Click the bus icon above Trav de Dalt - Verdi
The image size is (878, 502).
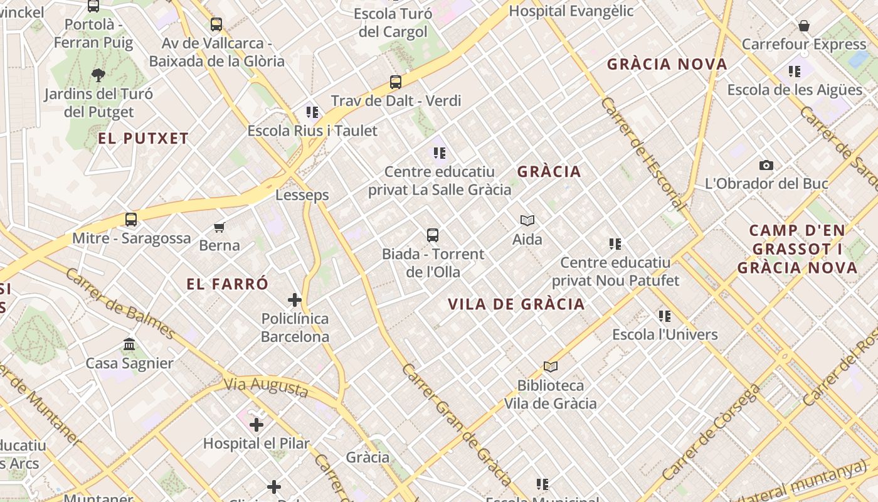(x=395, y=82)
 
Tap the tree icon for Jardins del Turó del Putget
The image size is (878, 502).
(x=98, y=75)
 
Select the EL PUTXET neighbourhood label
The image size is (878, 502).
(x=143, y=139)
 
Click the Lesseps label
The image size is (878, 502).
(x=302, y=195)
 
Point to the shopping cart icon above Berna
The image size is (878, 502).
(x=219, y=227)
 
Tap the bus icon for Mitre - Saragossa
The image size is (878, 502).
(x=130, y=220)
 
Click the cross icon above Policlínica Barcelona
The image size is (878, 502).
(x=295, y=299)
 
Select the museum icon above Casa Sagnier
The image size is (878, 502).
(x=129, y=344)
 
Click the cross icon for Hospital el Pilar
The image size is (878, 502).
(x=256, y=425)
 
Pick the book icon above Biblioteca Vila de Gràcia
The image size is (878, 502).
(x=550, y=366)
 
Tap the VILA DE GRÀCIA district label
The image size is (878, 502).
(x=516, y=304)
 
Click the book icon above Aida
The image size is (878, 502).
(x=527, y=220)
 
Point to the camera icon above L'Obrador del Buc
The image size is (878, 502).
(x=766, y=166)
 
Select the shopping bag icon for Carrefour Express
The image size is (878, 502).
(x=803, y=26)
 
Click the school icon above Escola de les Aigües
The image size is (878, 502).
(x=795, y=72)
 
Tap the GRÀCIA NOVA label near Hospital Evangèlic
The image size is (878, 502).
(x=667, y=64)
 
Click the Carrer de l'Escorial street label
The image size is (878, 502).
(x=642, y=154)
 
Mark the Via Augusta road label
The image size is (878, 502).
(x=266, y=387)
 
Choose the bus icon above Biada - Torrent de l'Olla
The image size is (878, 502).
(x=432, y=235)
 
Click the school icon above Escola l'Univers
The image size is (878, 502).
(x=664, y=316)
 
